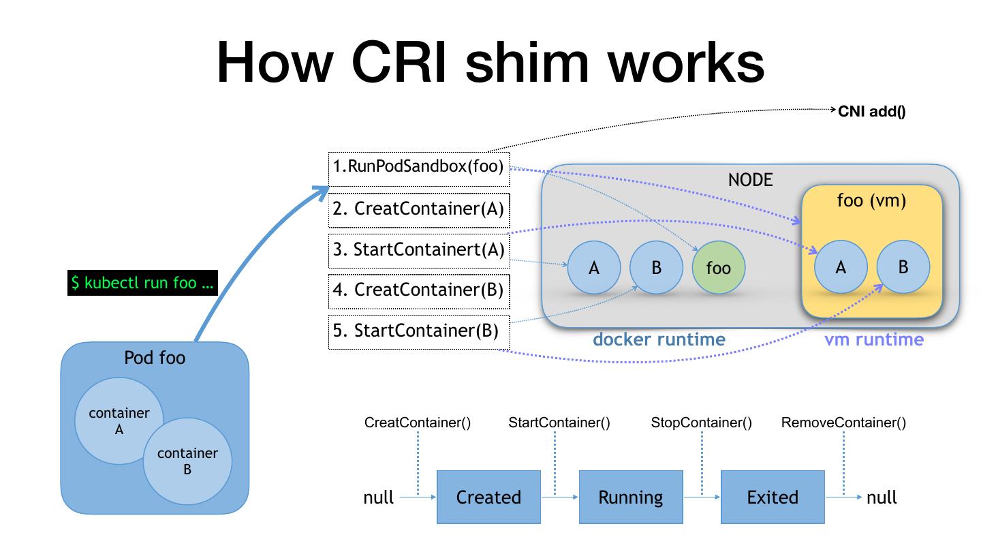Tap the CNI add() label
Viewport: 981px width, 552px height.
(871, 112)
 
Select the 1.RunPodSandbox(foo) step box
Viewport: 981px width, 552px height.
(419, 168)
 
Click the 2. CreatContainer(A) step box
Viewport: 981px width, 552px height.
(419, 209)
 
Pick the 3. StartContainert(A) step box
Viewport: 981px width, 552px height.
(419, 249)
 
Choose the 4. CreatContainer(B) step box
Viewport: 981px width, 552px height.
(419, 290)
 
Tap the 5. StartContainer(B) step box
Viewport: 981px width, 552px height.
(419, 332)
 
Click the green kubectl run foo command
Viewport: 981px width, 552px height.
(142, 282)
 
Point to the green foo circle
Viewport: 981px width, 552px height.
(718, 268)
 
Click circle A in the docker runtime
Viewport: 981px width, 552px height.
(593, 268)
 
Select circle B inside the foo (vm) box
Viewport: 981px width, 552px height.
(903, 267)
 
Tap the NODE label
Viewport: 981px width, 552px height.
(750, 180)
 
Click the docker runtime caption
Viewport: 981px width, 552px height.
(659, 339)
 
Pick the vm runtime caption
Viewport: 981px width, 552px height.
(874, 339)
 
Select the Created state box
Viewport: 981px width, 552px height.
(488, 497)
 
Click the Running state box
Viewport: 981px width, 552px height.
(630, 497)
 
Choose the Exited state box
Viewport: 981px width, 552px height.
(773, 497)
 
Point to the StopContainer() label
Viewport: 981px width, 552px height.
(702, 423)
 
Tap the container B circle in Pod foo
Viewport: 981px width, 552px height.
(187, 461)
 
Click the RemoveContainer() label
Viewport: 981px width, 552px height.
(843, 423)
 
